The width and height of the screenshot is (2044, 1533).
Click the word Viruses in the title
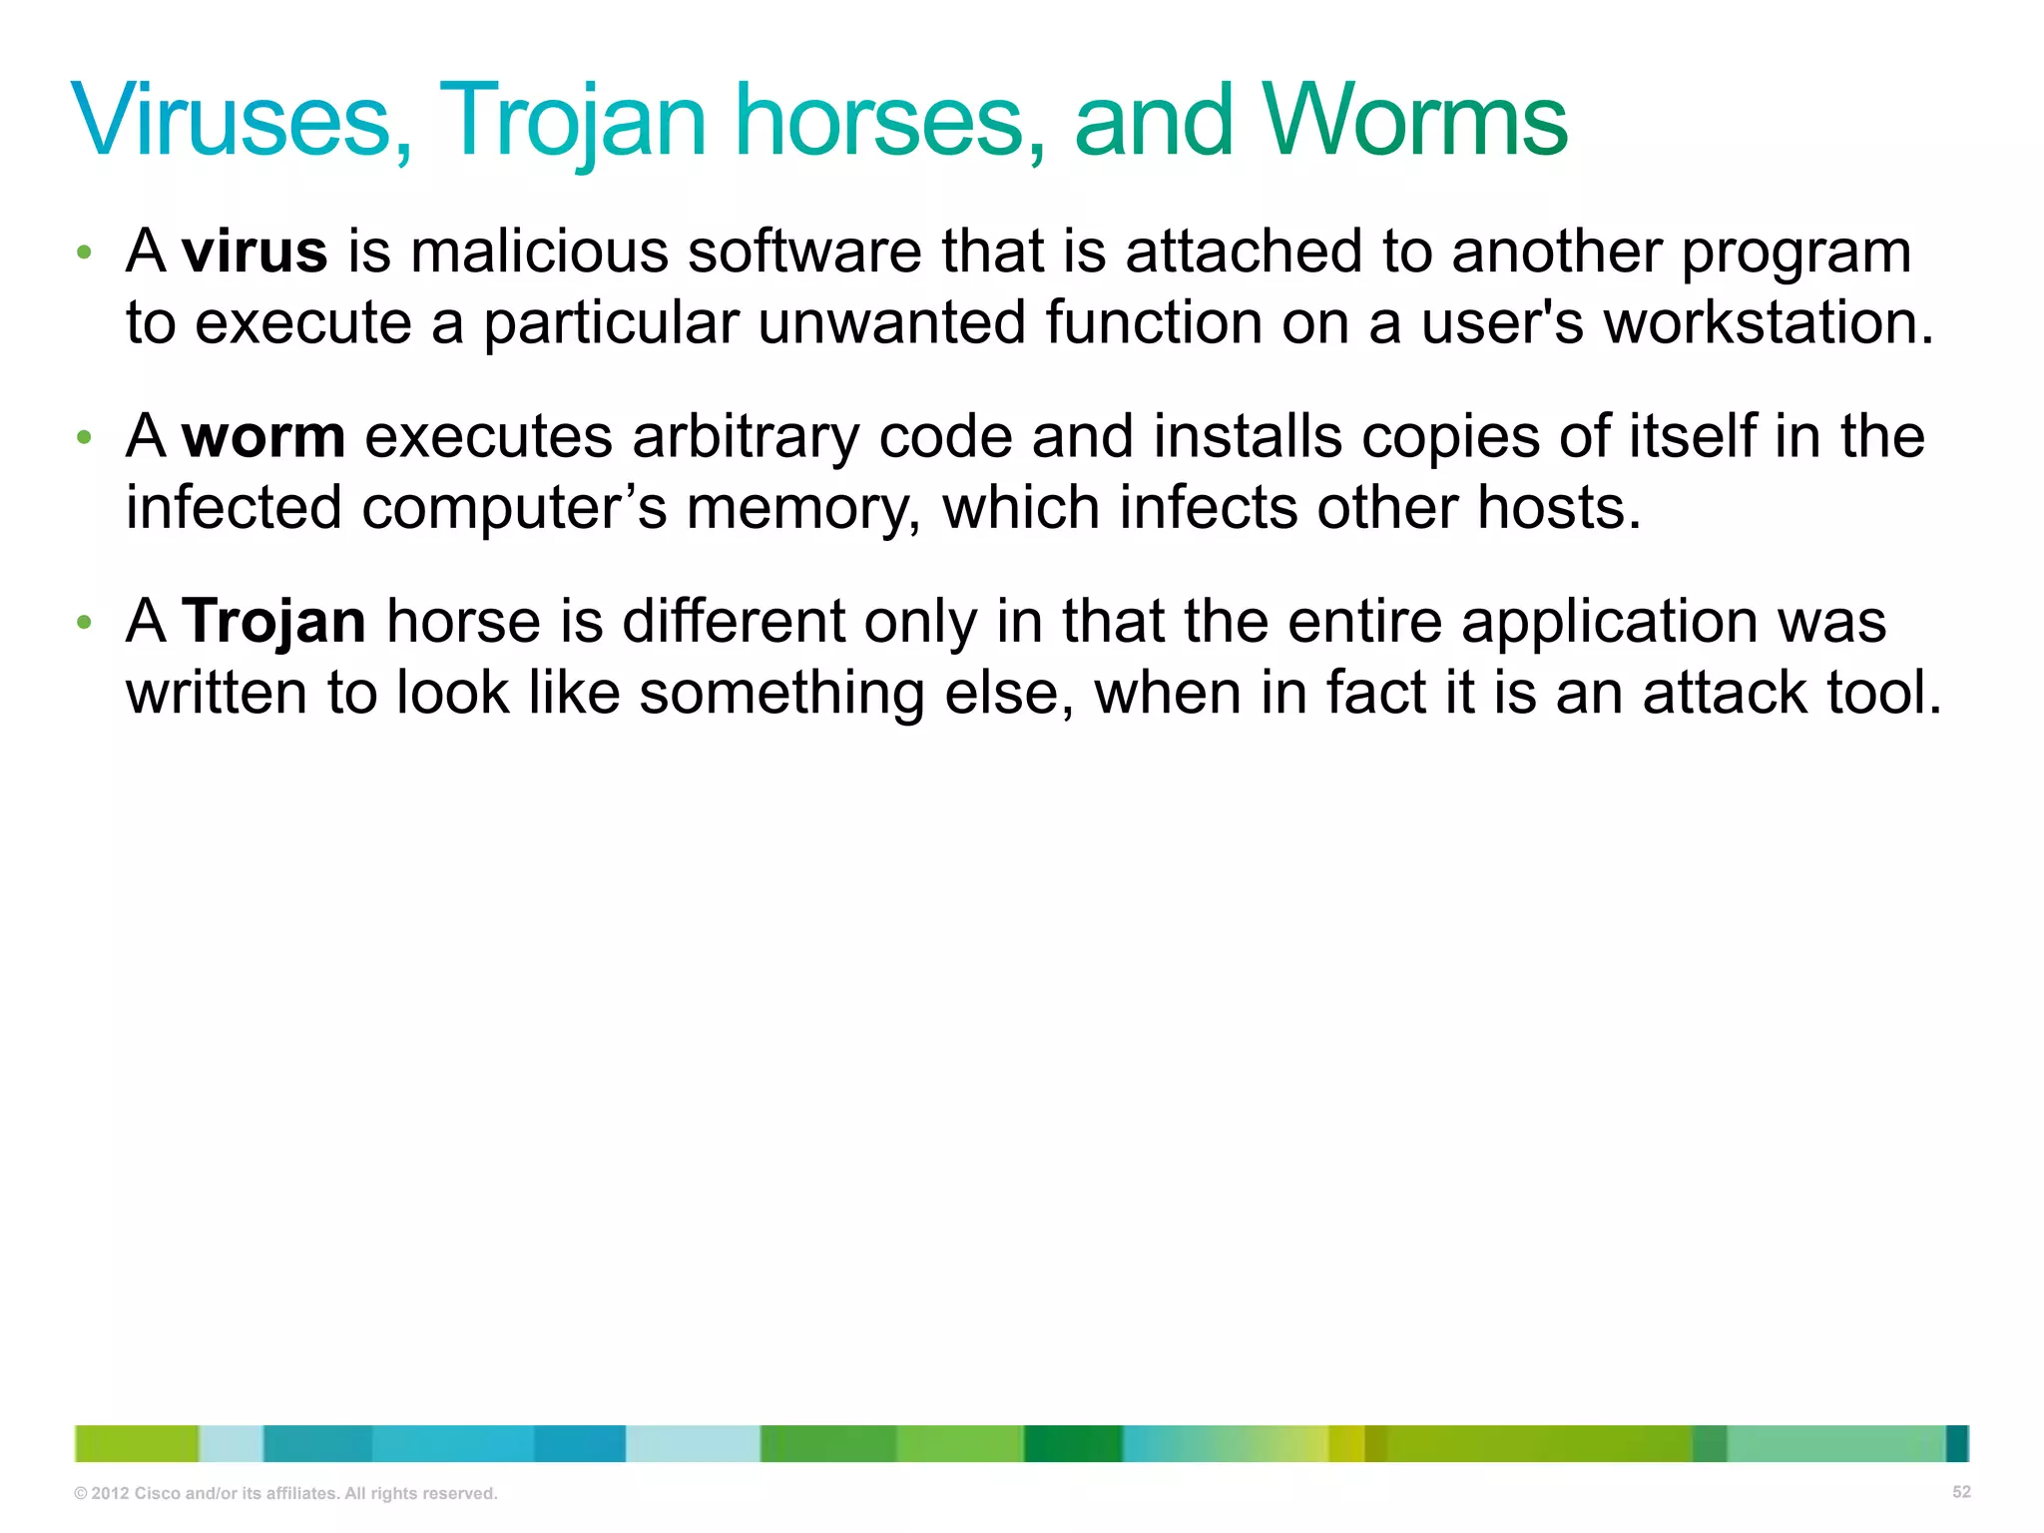click(x=240, y=121)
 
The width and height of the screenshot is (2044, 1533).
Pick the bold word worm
click(x=263, y=436)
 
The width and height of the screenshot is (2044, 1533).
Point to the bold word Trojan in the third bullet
click(x=274, y=621)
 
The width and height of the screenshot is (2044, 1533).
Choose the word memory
click(x=802, y=508)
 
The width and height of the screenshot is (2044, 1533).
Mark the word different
click(x=734, y=621)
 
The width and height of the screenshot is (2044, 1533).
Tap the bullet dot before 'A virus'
click(x=85, y=252)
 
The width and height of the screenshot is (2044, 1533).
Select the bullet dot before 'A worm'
click(x=85, y=437)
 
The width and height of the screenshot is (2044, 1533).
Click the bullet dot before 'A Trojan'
click(x=85, y=622)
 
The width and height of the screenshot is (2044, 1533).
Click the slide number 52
click(x=1961, y=1492)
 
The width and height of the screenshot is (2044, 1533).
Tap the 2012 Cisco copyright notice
click(x=285, y=1493)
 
